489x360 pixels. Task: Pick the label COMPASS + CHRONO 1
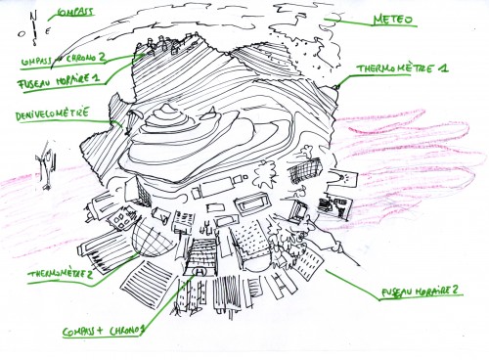[103, 331]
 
